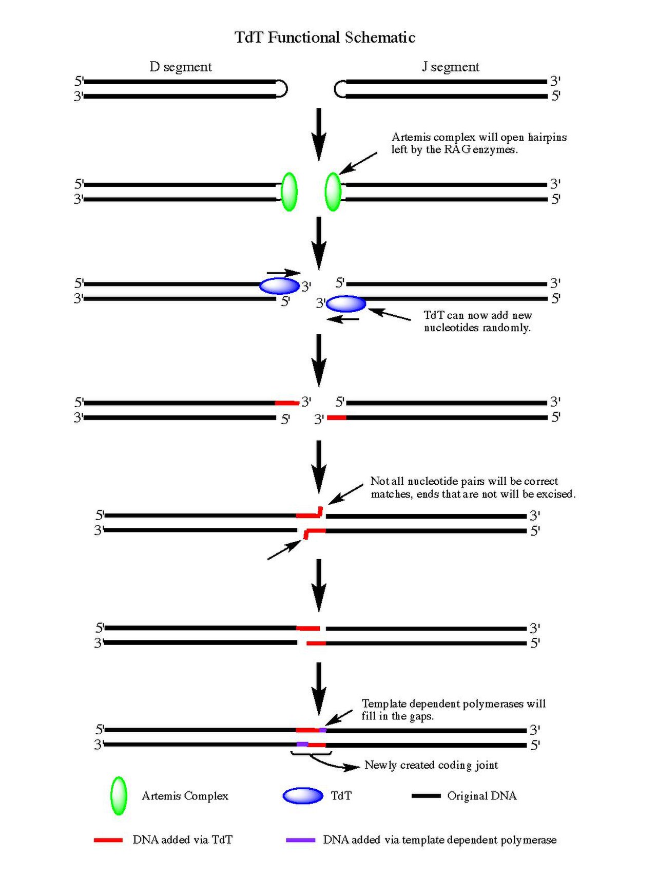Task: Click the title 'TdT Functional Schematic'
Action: pos(325,37)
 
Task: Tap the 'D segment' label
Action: pos(181,67)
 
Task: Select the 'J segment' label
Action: pos(451,67)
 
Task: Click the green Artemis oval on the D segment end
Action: pos(289,192)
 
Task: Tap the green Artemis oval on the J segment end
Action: pos(333,192)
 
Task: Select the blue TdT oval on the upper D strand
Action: pos(279,286)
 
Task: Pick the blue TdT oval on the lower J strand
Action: pos(346,304)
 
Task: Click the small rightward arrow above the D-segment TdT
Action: pos(283,273)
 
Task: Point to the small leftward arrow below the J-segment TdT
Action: pos(343,319)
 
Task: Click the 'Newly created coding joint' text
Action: pos(431,765)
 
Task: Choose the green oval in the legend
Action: pos(119,795)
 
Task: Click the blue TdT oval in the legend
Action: pos(303,795)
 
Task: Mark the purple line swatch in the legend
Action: pos(301,840)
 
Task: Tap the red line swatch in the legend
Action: pos(108,840)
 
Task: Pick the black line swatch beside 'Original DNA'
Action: pos(426,796)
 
